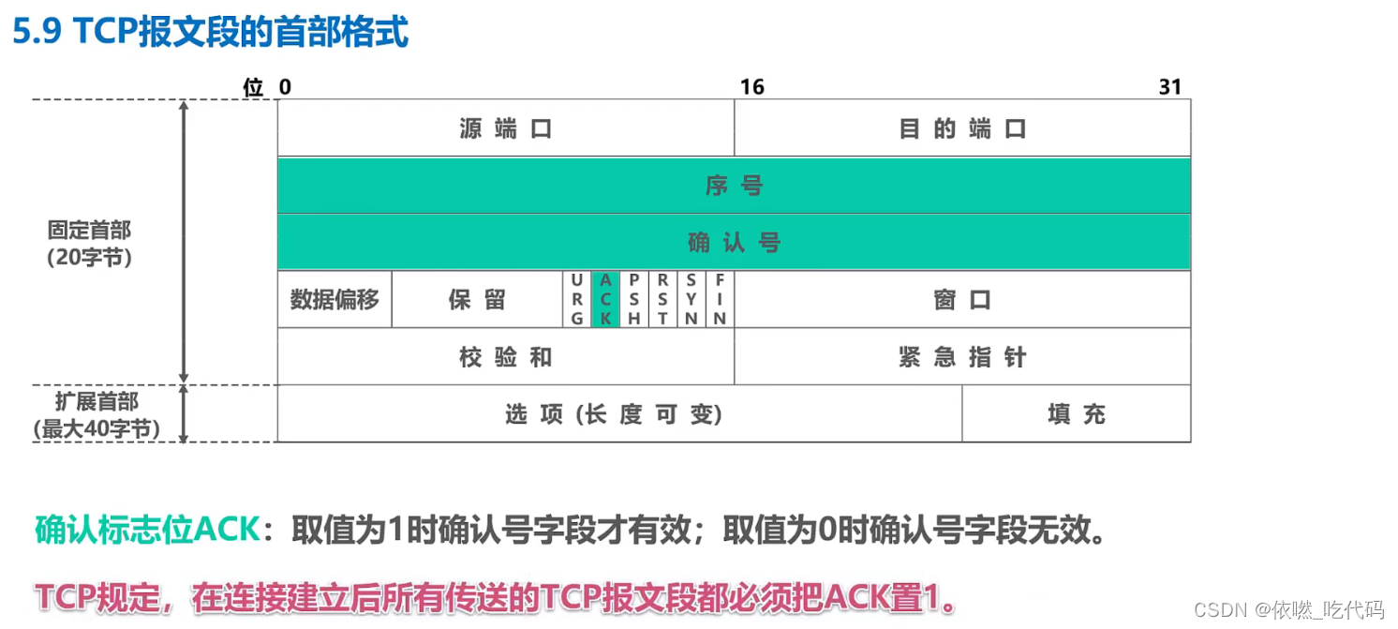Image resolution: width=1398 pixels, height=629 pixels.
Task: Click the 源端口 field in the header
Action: point(505,128)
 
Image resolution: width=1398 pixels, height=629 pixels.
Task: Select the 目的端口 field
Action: point(962,128)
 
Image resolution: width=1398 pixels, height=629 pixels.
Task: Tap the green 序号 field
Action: point(734,186)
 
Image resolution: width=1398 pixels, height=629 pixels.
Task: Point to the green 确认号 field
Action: point(734,243)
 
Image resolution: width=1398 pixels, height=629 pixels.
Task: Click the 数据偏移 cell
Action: point(335,300)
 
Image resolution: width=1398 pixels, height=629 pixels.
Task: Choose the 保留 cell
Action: point(477,300)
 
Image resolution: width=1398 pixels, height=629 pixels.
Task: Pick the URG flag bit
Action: point(577,299)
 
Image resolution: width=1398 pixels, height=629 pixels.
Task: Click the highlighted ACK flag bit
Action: point(605,299)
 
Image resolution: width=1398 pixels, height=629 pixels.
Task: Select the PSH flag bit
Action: point(634,299)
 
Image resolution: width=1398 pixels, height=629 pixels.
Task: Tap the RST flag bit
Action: point(662,299)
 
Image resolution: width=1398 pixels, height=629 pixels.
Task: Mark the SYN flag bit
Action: point(692,299)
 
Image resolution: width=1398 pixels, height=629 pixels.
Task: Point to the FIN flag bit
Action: point(720,299)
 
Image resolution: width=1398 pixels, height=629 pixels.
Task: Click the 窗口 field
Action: point(962,300)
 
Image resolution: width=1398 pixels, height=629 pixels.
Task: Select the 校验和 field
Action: point(505,357)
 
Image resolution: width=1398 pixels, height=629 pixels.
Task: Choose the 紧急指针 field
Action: point(962,357)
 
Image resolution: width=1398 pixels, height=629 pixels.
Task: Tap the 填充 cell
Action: point(1077,414)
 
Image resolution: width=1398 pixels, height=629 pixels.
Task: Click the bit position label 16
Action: point(752,87)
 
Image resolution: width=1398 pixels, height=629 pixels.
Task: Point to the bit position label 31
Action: point(1170,87)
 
